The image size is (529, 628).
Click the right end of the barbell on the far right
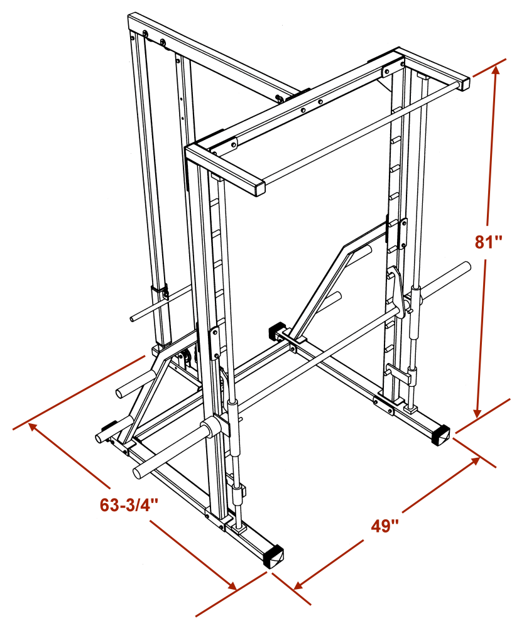pyautogui.click(x=467, y=266)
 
